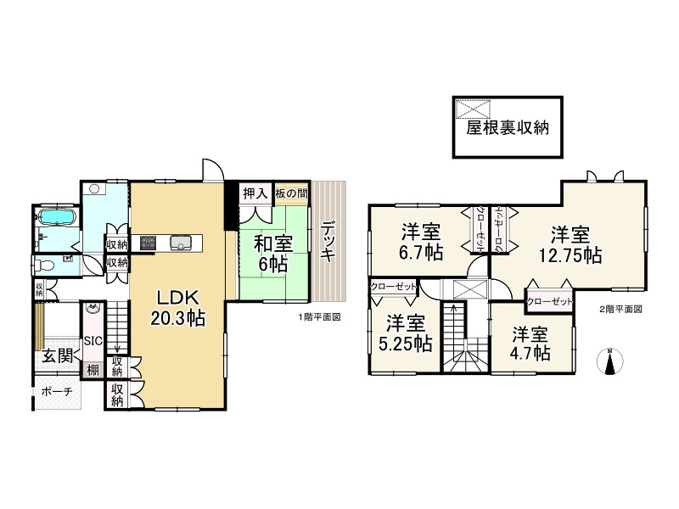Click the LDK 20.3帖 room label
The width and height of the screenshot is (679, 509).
(x=177, y=308)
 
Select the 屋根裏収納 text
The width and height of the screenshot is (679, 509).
(x=507, y=128)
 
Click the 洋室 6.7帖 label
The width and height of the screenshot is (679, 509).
(x=419, y=239)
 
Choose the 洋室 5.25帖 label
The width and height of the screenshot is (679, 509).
(x=406, y=333)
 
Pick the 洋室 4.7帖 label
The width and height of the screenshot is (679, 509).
(x=531, y=343)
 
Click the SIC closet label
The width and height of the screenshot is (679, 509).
(x=93, y=342)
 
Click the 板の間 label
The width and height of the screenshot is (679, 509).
(x=290, y=193)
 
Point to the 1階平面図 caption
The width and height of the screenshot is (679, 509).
(x=319, y=317)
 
